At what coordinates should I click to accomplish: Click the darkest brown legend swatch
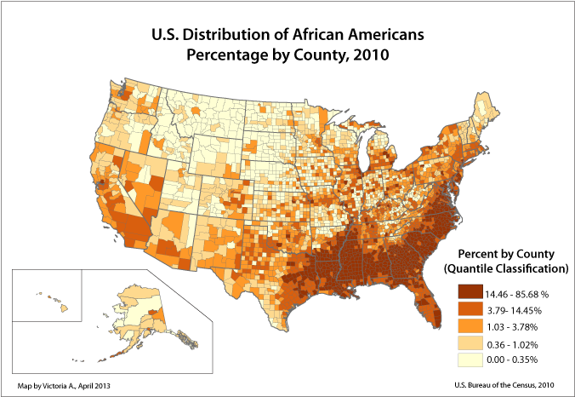[470, 291]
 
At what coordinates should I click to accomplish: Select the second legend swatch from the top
[470, 308]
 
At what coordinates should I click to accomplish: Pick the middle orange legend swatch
[470, 325]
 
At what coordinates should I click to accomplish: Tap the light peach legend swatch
[470, 342]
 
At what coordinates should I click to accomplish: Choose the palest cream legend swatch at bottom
[470, 360]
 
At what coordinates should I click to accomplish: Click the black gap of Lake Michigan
[369, 153]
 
